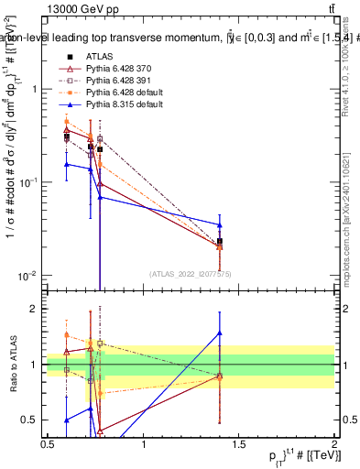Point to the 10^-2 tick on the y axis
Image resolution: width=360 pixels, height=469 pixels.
point(29,276)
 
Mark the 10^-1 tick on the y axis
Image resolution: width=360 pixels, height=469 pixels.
point(29,182)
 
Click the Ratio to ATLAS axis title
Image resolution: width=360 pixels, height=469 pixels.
point(11,364)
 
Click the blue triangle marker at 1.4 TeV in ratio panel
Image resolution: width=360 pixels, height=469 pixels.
point(220,333)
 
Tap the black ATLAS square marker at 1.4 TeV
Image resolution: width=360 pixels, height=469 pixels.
point(220,241)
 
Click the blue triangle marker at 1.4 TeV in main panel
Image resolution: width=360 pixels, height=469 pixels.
point(220,224)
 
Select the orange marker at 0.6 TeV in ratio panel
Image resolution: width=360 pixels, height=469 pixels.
point(66,335)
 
